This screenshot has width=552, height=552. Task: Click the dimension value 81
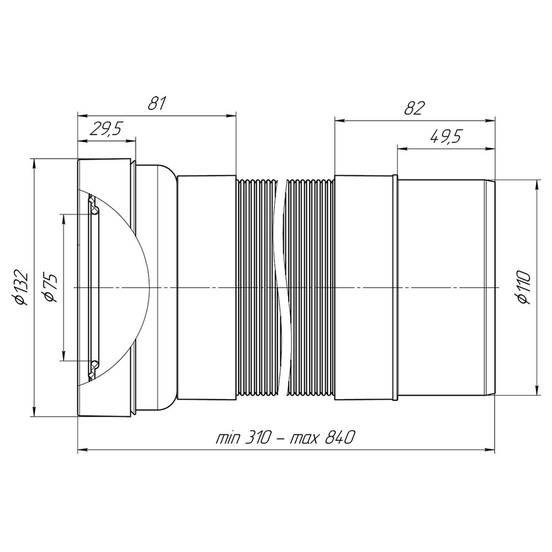[156, 103]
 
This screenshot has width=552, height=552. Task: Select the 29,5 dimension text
[105, 130]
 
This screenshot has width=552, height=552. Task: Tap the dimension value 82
[415, 108]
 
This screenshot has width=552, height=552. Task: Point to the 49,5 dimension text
[445, 136]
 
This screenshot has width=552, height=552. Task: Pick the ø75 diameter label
[50, 288]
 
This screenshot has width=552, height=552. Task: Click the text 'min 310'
[243, 438]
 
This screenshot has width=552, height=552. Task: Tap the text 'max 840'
[321, 438]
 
